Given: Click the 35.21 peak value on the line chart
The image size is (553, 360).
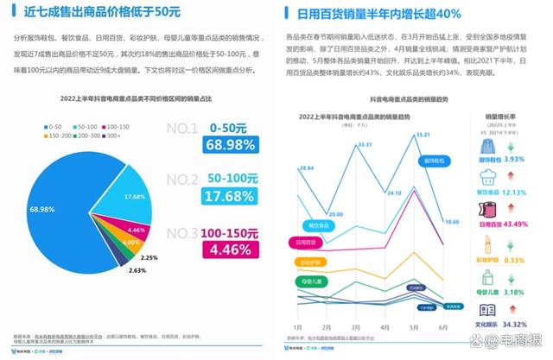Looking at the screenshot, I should click(423, 135).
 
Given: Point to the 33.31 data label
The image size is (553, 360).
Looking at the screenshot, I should click(365, 144).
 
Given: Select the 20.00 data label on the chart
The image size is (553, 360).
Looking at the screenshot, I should click(336, 214).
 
